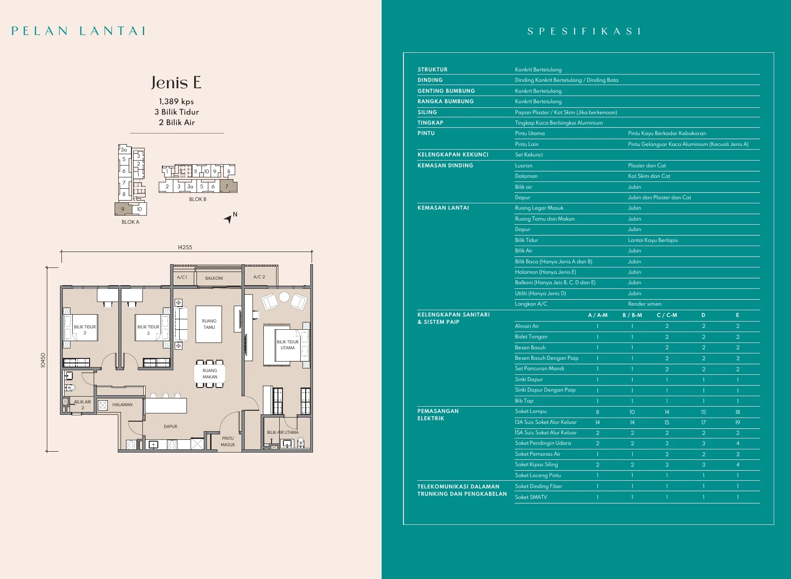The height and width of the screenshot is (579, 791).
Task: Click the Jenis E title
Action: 176,83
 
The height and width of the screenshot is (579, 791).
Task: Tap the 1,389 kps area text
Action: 176,101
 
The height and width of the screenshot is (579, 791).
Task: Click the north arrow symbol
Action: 229,219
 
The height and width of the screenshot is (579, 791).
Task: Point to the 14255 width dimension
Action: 185,247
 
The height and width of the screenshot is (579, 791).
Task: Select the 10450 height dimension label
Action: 43,360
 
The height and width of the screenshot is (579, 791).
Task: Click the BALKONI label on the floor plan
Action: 214,278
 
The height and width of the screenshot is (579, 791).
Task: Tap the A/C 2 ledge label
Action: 259,277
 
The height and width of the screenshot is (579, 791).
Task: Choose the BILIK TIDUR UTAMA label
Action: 287,345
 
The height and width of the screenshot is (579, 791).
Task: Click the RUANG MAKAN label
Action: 210,374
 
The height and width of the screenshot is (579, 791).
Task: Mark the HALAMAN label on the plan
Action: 122,404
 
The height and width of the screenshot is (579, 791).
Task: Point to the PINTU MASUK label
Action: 228,442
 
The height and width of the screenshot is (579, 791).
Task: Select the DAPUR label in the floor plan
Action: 171,427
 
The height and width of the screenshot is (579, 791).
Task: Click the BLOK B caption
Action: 198,199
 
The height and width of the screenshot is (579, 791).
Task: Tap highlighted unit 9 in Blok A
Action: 123,209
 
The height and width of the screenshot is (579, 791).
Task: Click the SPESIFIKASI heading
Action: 584,31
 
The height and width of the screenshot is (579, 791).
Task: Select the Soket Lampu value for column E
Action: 737,412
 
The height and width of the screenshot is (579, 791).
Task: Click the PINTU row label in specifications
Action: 426,133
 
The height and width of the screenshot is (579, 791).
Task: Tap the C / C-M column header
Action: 667,315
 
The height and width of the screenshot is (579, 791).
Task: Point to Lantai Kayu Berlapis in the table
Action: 653,240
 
